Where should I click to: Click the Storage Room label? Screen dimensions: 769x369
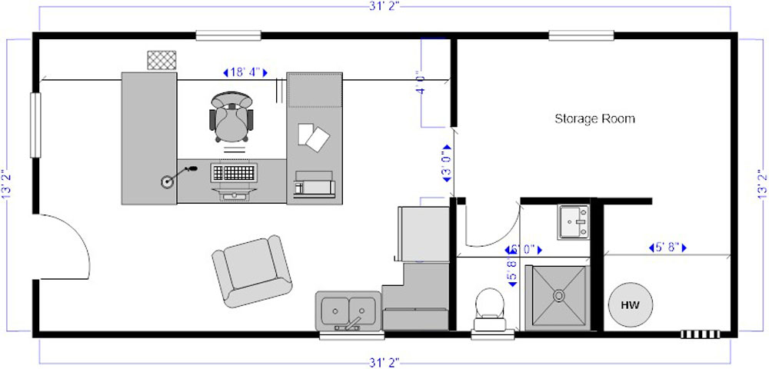(x=594, y=118)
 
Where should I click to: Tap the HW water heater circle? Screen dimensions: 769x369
(x=631, y=304)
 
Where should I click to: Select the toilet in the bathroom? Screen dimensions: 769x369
(x=489, y=309)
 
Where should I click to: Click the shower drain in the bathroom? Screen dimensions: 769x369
(x=558, y=295)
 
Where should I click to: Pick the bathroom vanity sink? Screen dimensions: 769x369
(x=574, y=222)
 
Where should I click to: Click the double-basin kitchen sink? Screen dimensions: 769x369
(x=348, y=311)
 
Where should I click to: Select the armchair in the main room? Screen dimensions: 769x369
(x=252, y=271)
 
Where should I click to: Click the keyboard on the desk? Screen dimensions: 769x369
(x=235, y=172)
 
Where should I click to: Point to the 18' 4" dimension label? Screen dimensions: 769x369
(x=245, y=72)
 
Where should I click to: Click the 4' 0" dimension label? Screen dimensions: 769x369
(x=420, y=85)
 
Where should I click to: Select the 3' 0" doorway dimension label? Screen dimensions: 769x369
(x=446, y=163)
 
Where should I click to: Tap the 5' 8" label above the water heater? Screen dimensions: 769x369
(x=667, y=248)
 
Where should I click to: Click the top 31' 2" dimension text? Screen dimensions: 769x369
(x=384, y=6)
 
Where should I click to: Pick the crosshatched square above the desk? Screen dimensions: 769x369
(x=161, y=60)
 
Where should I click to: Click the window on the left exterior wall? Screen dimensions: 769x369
(x=35, y=125)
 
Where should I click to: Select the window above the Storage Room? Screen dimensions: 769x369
(x=581, y=35)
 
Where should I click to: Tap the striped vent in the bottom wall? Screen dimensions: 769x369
(x=701, y=334)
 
